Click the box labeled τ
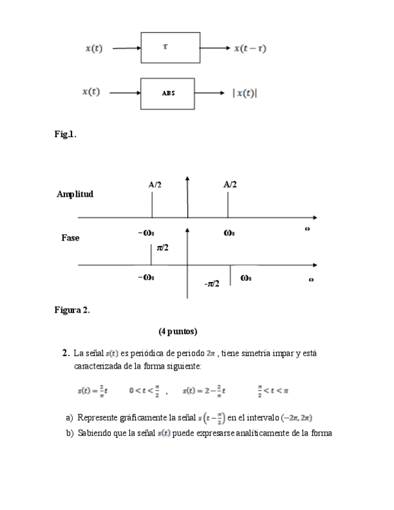click(x=170, y=48)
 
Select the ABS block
click(x=167, y=93)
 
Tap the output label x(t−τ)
click(x=250, y=49)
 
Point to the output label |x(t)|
click(x=245, y=93)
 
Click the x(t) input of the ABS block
click(x=91, y=92)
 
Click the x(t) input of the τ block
click(x=93, y=49)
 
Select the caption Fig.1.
click(x=65, y=134)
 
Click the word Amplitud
click(x=75, y=194)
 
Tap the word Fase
click(x=70, y=238)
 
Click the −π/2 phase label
click(x=211, y=283)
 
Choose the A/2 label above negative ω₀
click(x=155, y=185)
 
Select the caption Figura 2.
click(x=72, y=310)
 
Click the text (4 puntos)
click(x=178, y=331)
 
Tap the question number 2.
click(x=65, y=353)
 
